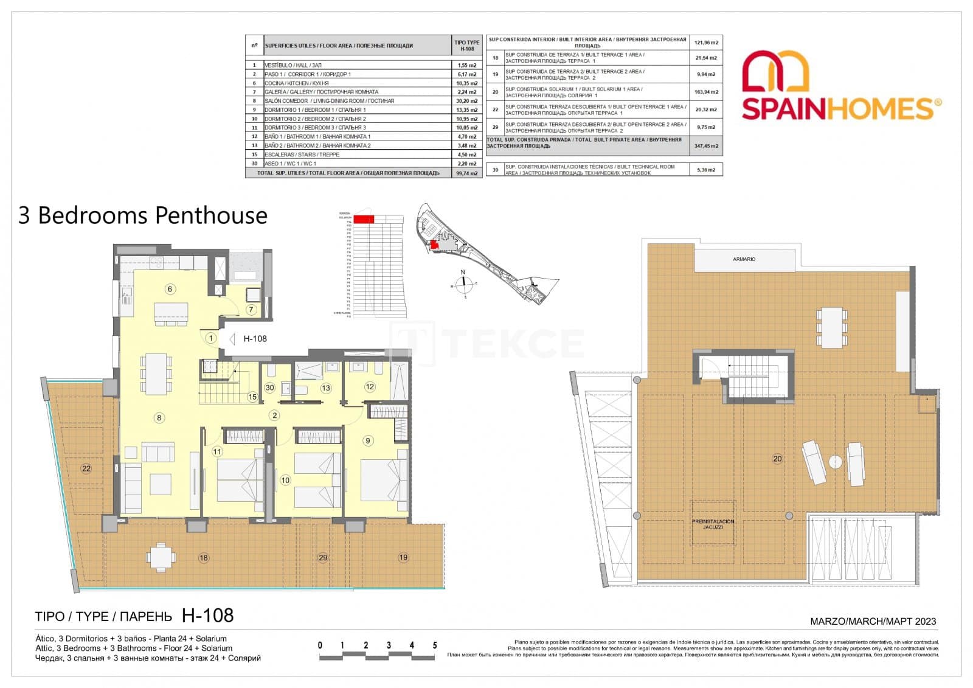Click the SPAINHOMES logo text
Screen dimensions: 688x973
837,109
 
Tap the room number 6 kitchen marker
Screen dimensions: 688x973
170,289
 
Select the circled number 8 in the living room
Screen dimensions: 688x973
159,417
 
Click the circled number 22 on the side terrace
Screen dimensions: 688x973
86,468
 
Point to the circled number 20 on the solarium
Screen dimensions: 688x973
777,459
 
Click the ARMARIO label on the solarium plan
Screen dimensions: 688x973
744,259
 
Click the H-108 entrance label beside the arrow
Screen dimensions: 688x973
255,339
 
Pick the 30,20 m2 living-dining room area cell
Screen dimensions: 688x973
466,101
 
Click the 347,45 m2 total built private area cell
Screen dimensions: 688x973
706,146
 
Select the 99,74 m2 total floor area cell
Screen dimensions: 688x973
466,173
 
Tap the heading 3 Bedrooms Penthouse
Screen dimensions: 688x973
143,215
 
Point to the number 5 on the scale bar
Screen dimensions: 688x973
434,645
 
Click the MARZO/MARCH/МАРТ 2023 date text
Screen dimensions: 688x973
873,621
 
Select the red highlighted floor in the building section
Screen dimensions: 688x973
364,219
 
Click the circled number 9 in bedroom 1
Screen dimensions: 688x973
368,440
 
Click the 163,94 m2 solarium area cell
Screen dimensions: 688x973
706,92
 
